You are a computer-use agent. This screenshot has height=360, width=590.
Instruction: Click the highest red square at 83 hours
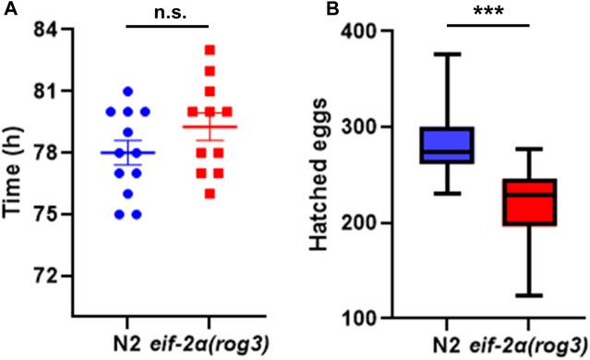(x=211, y=50)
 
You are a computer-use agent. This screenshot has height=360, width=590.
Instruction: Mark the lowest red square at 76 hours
(x=211, y=194)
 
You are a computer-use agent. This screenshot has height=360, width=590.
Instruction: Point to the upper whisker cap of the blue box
(x=447, y=54)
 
